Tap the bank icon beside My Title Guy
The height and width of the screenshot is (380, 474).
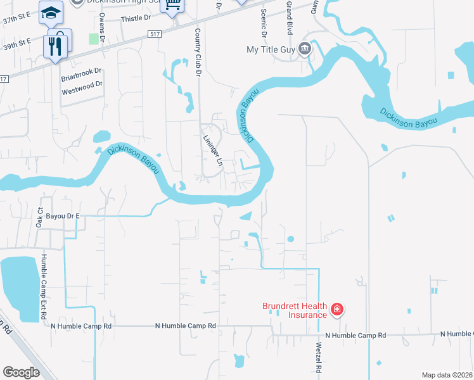click(304, 49)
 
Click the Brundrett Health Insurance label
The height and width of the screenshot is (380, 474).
click(295, 310)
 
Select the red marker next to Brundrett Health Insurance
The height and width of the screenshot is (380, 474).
click(338, 310)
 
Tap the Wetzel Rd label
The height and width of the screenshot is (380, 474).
click(319, 358)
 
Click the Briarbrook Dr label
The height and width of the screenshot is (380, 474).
click(81, 78)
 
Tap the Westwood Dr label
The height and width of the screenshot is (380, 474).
click(82, 91)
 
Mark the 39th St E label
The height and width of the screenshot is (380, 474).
click(16, 43)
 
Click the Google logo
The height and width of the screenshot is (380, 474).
click(22, 372)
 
